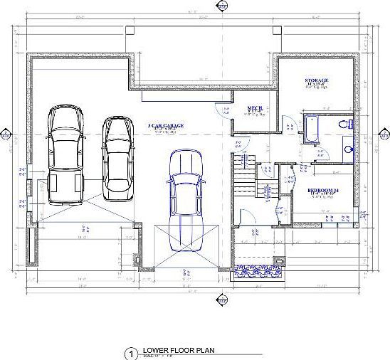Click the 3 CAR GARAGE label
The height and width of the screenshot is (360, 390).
click(166, 125)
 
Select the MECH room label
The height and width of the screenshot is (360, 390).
click(254, 108)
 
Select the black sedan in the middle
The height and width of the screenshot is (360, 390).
click(117, 157)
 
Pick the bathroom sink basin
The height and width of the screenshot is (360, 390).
click(348, 150)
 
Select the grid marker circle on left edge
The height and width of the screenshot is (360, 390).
click(6, 134)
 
